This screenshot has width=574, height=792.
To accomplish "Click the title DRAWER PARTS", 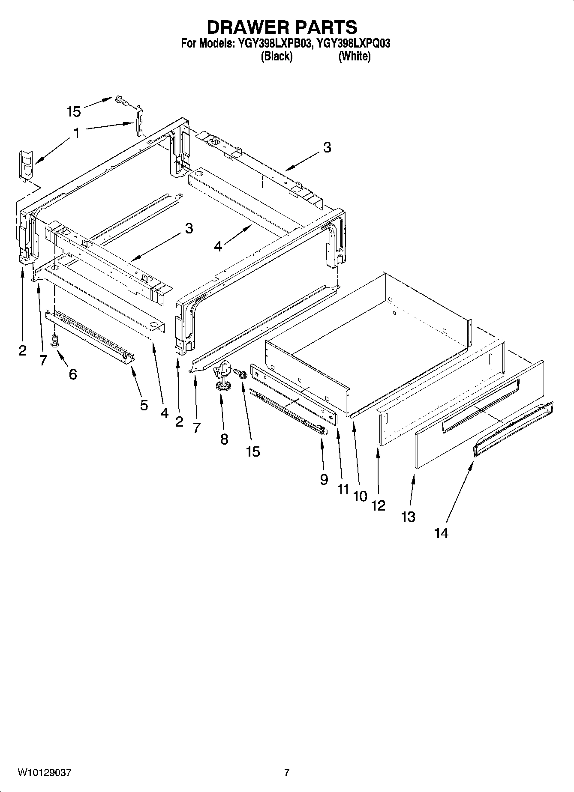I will (282, 27).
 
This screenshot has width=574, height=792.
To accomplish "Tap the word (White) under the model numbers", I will (354, 56).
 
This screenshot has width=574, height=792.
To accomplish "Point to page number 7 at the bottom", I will (287, 772).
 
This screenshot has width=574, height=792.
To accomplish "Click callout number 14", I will (441, 533).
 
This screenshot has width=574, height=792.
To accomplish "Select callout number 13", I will (408, 517).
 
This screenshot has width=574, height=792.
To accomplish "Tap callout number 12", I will (378, 505).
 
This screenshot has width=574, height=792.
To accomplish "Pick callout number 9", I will (324, 479).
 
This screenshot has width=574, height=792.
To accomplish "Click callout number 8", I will (224, 439).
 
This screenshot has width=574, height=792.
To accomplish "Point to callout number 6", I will (73, 374).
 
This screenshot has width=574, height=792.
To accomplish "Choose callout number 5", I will (144, 404).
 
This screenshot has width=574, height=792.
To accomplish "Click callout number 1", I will (76, 133).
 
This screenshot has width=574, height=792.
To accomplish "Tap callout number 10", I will (360, 496).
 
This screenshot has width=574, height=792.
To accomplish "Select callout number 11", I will (343, 488).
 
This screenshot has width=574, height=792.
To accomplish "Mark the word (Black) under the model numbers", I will (277, 56).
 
